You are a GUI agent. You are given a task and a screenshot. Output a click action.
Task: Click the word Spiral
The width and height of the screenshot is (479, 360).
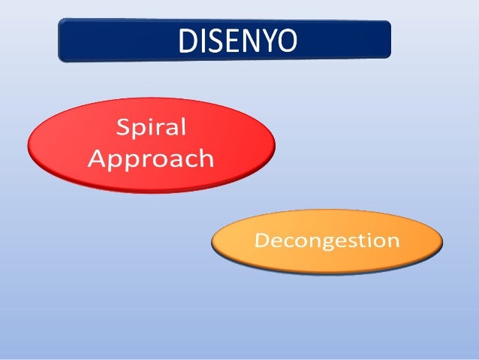click(151, 128)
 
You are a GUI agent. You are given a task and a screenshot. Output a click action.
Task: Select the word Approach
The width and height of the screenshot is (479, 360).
click(151, 159)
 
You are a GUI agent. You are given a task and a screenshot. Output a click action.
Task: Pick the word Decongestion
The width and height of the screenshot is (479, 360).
click(327, 242)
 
